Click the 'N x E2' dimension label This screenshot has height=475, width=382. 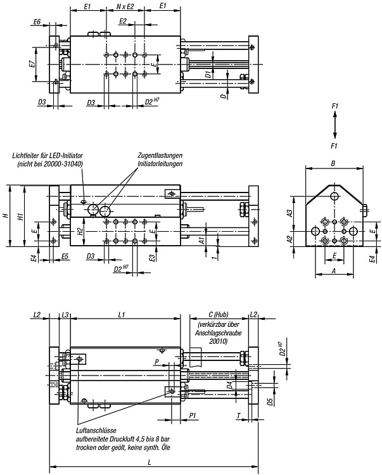[125, 6]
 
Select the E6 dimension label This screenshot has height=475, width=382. [37, 22]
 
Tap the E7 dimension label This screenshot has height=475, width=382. [32, 64]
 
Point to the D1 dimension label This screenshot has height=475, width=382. [208, 74]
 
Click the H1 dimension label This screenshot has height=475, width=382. [20, 217]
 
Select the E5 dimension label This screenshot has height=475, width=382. [65, 256]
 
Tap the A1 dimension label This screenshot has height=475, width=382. [201, 241]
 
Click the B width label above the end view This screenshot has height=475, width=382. [333, 163]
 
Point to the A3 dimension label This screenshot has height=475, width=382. [290, 213]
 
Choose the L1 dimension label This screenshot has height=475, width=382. [122, 315]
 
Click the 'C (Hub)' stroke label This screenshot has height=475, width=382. [219, 314]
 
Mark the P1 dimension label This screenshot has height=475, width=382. [193, 416]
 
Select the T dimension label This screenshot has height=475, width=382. [239, 416]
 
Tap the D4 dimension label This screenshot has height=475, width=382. [229, 385]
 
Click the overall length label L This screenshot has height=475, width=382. [150, 462]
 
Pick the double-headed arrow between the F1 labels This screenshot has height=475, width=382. [334, 125]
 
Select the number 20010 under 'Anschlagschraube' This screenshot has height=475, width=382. [218, 341]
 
